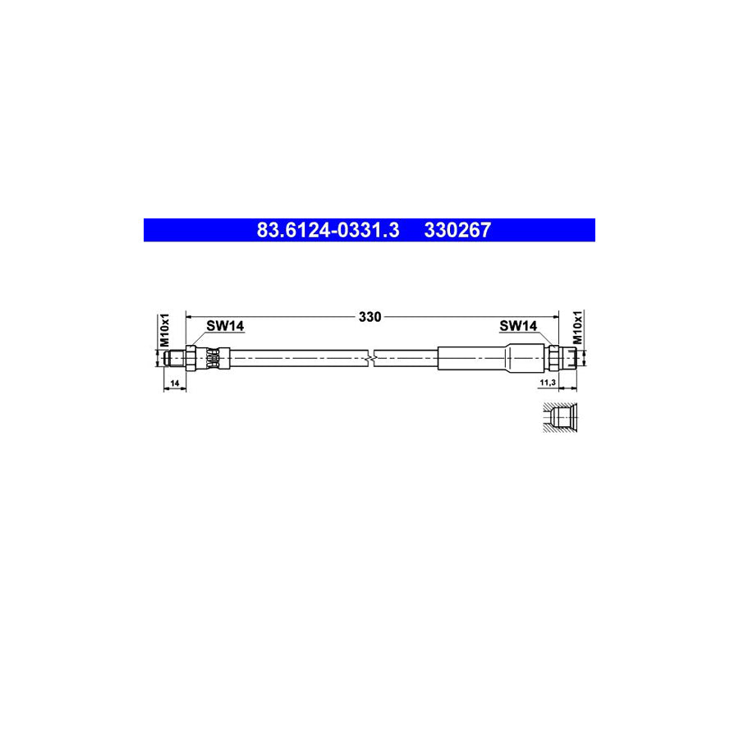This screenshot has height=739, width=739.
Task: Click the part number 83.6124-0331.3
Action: (328, 231)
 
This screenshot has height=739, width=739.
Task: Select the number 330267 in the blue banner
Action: (457, 231)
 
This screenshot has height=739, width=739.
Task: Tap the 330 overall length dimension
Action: (370, 316)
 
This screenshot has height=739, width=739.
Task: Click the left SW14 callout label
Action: (224, 326)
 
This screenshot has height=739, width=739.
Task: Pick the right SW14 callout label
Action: (518, 326)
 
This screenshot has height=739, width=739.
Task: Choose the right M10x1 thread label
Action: (577, 328)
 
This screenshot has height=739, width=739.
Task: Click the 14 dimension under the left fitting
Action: (174, 383)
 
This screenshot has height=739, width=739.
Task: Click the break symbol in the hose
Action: (374, 358)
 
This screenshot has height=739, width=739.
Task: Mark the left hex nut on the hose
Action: (190, 357)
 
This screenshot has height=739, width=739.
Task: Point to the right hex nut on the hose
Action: (553, 357)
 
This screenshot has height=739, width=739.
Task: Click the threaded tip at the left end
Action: (173, 357)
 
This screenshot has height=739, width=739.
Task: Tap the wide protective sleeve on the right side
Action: (472, 358)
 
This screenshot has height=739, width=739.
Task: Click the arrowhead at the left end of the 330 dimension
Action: (190, 315)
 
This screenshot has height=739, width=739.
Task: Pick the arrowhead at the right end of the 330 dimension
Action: (554, 315)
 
